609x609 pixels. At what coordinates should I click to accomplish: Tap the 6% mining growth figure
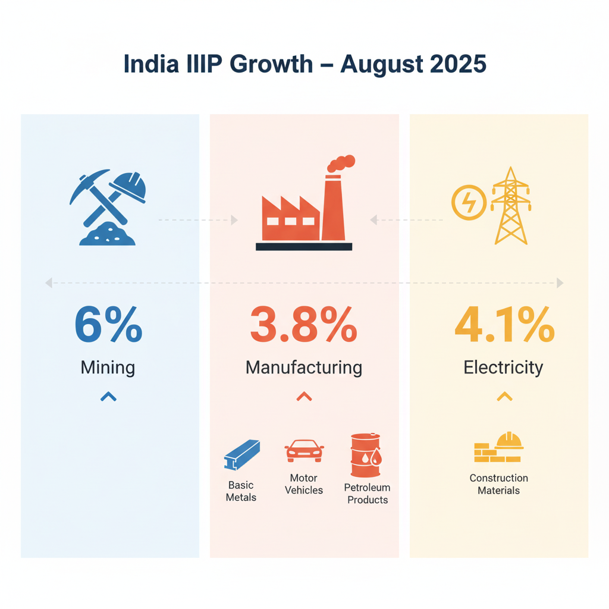pyautogui.click(x=108, y=325)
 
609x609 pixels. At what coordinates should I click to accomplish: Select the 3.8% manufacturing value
pyautogui.click(x=303, y=325)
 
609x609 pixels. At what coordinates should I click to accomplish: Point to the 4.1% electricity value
pyautogui.click(x=504, y=325)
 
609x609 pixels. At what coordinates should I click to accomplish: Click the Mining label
pyautogui.click(x=108, y=368)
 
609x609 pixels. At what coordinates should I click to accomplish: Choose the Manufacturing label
pyautogui.click(x=303, y=368)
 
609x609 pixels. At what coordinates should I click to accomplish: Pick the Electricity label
pyautogui.click(x=503, y=368)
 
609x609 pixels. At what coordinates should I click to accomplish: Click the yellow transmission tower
pyautogui.click(x=511, y=205)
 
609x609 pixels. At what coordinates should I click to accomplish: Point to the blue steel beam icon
pyautogui.click(x=241, y=456)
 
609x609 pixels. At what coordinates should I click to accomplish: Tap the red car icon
pyautogui.click(x=304, y=451)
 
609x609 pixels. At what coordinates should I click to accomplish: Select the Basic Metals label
pyautogui.click(x=241, y=491)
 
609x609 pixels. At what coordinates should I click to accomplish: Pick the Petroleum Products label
pyautogui.click(x=367, y=494)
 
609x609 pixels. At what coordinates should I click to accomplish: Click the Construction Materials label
pyautogui.click(x=498, y=485)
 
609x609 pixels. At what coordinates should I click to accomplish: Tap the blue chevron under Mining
pyautogui.click(x=108, y=396)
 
